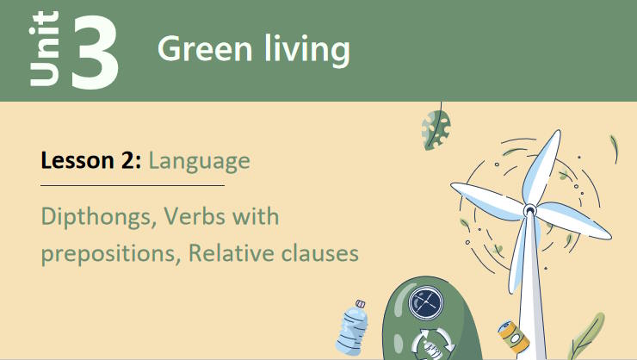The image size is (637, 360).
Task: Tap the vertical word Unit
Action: coord(44,50)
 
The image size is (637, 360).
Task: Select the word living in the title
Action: coord(305,51)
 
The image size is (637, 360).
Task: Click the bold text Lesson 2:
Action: coord(90,160)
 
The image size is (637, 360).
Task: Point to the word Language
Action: coord(199,161)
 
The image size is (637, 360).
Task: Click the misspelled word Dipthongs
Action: coord(96,216)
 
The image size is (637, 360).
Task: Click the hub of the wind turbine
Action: coord(529,208)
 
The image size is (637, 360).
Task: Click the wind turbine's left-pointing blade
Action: coord(486,197)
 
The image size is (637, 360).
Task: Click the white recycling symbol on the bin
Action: coord(428,344)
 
